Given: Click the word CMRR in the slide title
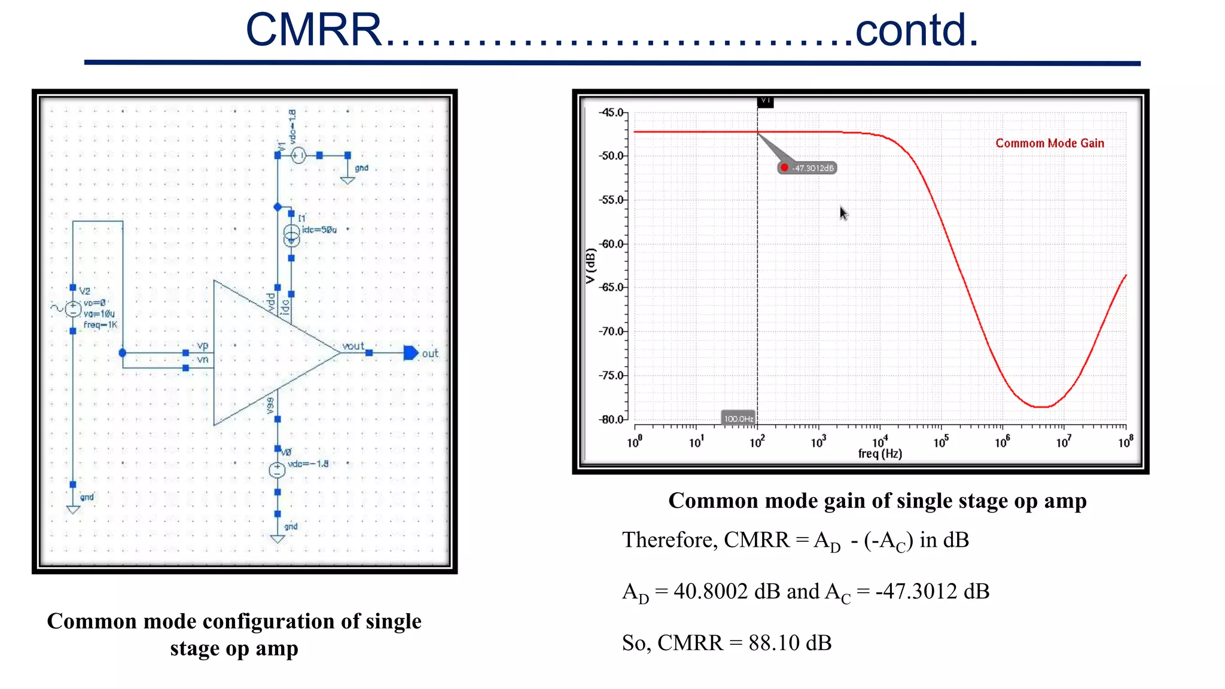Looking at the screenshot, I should (x=313, y=30).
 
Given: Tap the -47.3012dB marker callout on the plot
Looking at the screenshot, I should (x=807, y=168).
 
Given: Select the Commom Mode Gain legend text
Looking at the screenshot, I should (x=1049, y=144).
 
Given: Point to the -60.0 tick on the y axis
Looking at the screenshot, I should (x=611, y=244).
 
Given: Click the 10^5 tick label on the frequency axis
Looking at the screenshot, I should (x=941, y=442).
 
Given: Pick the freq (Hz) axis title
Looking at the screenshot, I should (x=880, y=454).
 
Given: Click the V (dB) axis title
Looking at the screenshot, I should (x=591, y=266).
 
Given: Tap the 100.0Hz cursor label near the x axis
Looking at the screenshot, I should (x=738, y=419).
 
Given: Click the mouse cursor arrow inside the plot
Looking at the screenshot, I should (x=843, y=213).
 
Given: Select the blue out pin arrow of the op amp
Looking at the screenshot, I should (x=411, y=353).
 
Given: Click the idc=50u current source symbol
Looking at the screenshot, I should (x=291, y=235).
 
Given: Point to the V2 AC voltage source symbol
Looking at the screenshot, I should (x=73, y=309).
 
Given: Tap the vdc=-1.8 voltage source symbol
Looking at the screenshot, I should (x=278, y=470).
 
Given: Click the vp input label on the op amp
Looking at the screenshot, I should (x=202, y=346).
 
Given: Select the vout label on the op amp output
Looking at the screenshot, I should (x=353, y=346).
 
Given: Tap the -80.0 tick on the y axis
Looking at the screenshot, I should (x=611, y=420).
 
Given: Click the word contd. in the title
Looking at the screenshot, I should (x=916, y=30).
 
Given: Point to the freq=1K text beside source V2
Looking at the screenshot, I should (x=100, y=325).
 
